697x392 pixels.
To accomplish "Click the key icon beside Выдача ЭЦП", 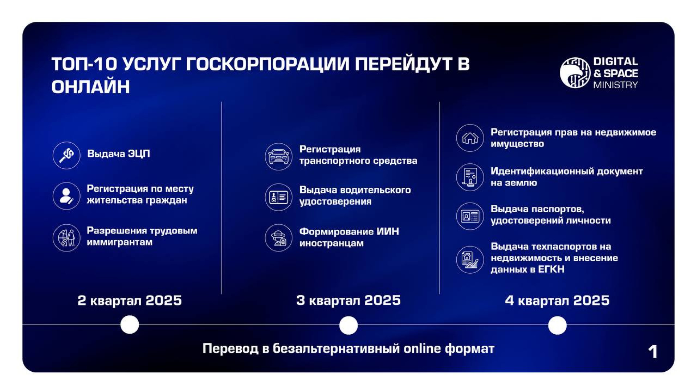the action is click(66, 155).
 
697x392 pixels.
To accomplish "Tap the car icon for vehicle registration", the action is click(278, 156).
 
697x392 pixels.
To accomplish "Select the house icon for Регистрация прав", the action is click(470, 138).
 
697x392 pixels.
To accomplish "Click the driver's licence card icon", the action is click(278, 197).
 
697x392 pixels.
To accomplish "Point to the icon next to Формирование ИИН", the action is click(278, 238).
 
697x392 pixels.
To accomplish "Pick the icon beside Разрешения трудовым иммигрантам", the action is click(66, 238).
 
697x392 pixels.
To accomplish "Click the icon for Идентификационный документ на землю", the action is click(470, 177).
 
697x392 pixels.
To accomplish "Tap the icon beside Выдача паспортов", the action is click(470, 216).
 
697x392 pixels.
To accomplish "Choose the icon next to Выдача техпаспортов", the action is click(470, 260).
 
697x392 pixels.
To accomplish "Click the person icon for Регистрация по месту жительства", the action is click(66, 196).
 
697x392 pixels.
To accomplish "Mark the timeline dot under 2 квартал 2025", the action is click(130, 324).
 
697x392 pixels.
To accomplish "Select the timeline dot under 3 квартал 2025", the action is click(348, 325).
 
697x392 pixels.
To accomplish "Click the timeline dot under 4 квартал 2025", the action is click(557, 325).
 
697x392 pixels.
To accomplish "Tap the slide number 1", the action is click(653, 352).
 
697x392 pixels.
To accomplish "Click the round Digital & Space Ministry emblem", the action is click(575, 73).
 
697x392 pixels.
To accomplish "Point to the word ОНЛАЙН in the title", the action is click(91, 87).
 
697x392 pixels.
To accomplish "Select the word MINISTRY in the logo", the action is click(616, 85).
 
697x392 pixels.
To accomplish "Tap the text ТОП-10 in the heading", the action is click(84, 64).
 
